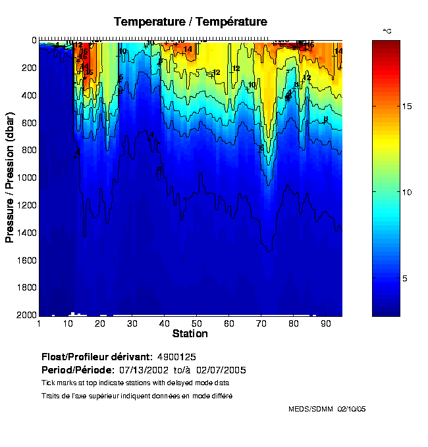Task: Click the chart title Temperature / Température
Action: pyautogui.click(x=190, y=22)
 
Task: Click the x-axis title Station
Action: pyautogui.click(x=190, y=334)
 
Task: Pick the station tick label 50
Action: pyautogui.click(x=196, y=324)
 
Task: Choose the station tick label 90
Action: pyautogui.click(x=325, y=324)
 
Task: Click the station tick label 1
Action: pyautogui.click(x=39, y=324)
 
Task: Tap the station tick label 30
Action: pyautogui.click(x=132, y=324)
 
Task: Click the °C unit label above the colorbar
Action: pyautogui.click(x=388, y=32)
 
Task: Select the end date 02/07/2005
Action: pyautogui.click(x=223, y=370)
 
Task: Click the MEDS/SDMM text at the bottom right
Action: pyautogui.click(x=311, y=409)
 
